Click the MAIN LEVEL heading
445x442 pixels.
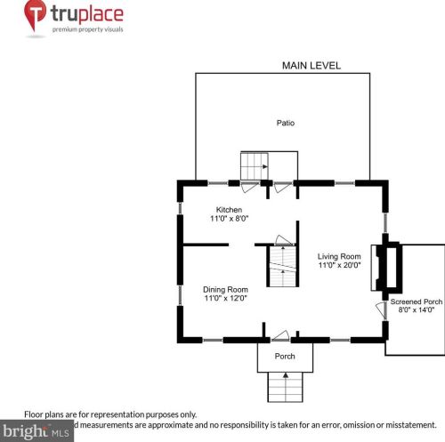point(311,66)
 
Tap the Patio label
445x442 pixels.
point(285,123)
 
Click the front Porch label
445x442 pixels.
point(285,357)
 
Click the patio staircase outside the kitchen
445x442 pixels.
point(255,165)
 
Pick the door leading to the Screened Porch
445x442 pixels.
point(381,312)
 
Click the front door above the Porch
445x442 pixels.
point(279,335)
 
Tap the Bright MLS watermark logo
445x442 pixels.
point(36,431)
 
